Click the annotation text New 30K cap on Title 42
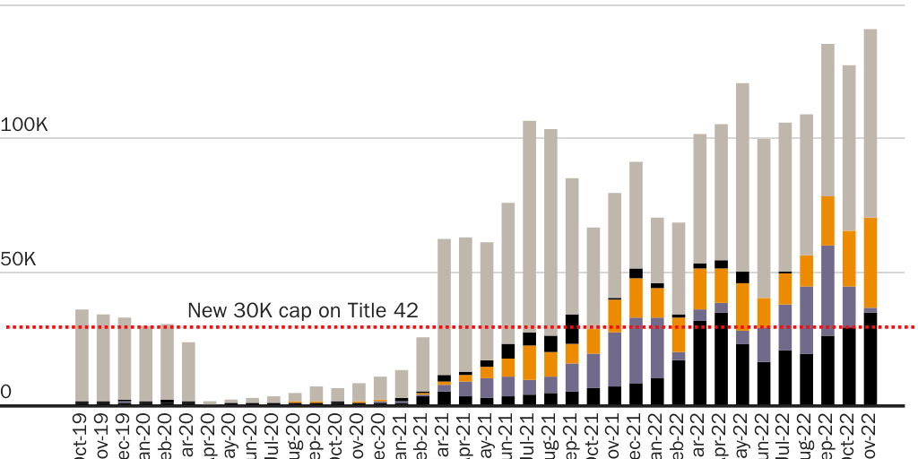pyautogui.click(x=302, y=311)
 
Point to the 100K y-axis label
pyautogui.click(x=24, y=126)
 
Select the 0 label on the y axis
pyautogui.click(x=6, y=393)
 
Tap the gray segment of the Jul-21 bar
pyautogui.click(x=529, y=224)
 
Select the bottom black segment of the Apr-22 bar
pyautogui.click(x=721, y=359)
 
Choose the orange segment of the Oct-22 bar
pyautogui.click(x=848, y=258)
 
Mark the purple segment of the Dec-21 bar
pyautogui.click(x=636, y=351)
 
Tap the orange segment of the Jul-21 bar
pyautogui.click(x=529, y=362)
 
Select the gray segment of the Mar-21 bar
pyautogui.click(x=444, y=306)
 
